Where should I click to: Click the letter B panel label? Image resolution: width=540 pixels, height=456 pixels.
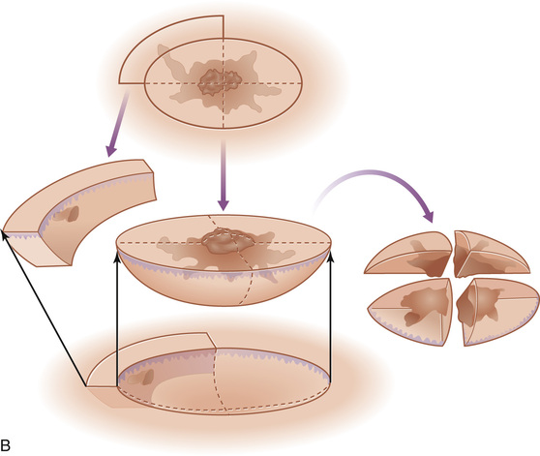click(x=6, y=445)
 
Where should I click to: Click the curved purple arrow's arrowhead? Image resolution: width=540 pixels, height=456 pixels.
click(x=428, y=216)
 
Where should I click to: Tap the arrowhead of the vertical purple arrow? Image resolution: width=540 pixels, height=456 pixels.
click(x=224, y=204)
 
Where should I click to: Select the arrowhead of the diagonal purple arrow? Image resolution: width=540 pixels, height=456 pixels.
click(x=111, y=150)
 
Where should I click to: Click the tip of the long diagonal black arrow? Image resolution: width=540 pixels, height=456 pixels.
click(x=3, y=230)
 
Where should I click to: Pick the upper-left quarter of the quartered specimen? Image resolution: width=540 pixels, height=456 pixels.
click(x=409, y=254)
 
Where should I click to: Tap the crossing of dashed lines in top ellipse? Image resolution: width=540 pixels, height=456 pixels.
click(x=224, y=83)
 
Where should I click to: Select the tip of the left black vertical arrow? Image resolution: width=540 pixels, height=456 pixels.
click(x=117, y=256)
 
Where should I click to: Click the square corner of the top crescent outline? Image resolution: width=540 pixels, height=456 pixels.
click(x=224, y=15)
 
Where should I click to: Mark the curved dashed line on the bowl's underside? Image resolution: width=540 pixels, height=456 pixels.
click(x=249, y=278)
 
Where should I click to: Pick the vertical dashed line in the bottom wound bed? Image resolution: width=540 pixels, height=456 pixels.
click(x=220, y=379)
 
